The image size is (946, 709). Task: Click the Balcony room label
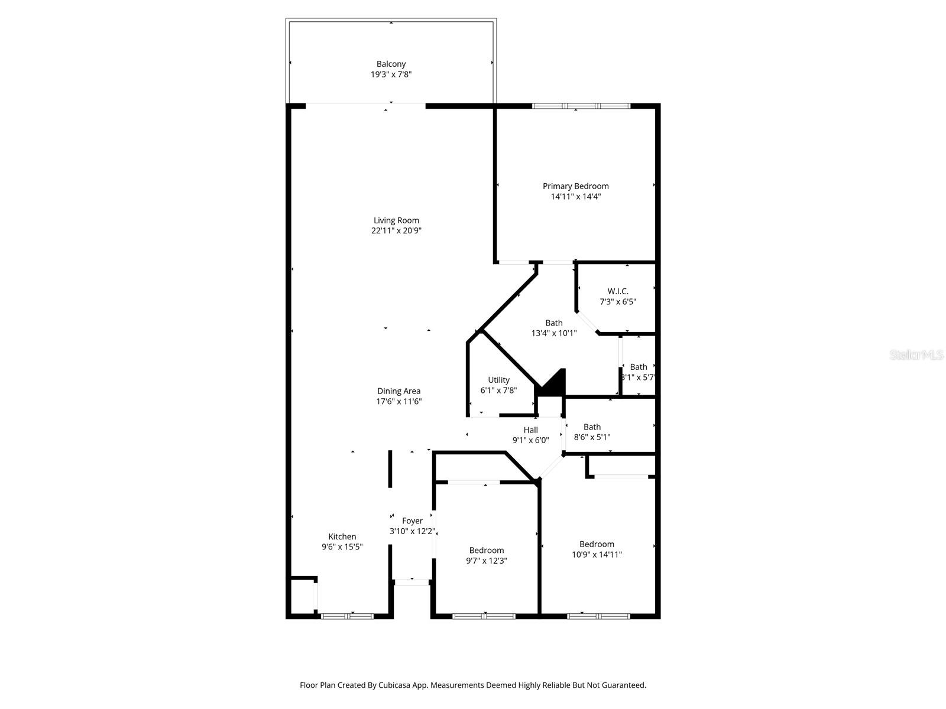pos(391,64)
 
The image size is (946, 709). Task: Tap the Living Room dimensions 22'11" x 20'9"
pos(396,231)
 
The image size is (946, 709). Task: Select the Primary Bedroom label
pos(575,186)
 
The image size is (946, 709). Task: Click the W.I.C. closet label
pos(618,291)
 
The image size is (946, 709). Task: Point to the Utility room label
pos(498,380)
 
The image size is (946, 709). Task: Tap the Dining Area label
pos(399,391)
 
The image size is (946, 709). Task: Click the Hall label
pos(530,430)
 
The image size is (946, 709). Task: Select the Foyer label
pos(412,521)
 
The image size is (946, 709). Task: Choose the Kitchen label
pos(342,537)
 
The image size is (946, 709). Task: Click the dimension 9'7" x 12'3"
pos(487,561)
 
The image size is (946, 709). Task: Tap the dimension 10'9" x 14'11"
pos(597,555)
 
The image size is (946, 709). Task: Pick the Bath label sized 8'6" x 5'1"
pos(592,427)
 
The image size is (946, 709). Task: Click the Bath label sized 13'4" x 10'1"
pos(554,323)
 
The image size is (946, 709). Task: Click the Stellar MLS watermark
pos(917,354)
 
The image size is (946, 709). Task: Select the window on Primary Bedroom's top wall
pos(581,106)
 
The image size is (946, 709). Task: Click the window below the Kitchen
pos(347,616)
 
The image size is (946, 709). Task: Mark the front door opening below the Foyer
pos(412,582)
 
